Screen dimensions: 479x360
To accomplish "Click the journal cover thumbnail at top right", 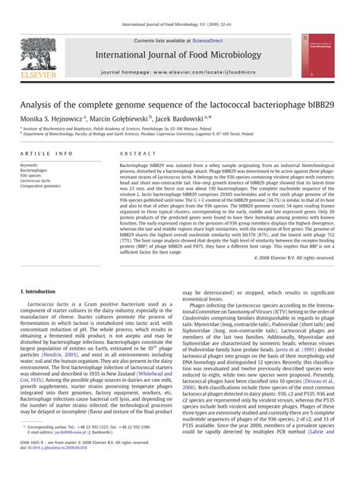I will (317, 55).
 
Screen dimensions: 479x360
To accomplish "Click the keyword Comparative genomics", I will (41, 185).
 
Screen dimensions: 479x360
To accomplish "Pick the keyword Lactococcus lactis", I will (36, 180).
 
